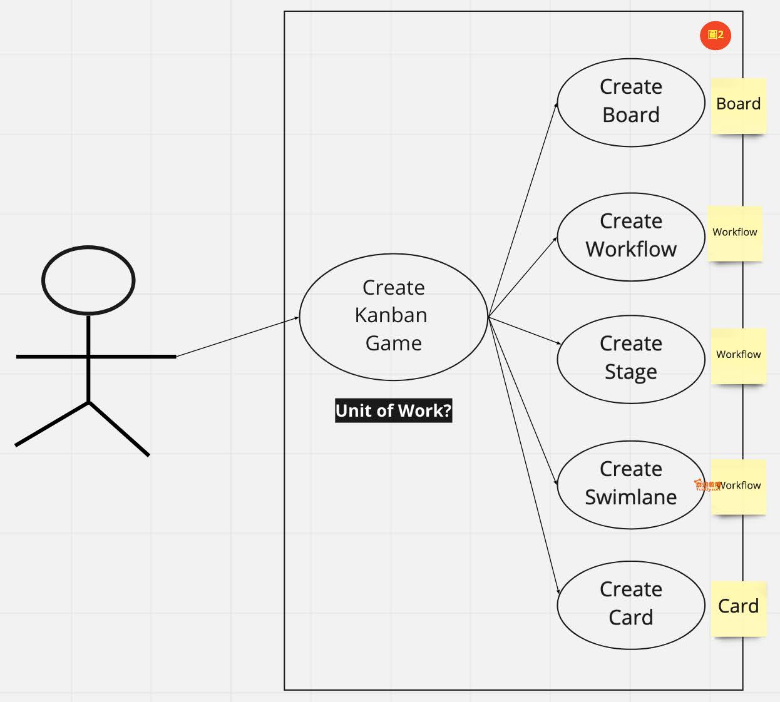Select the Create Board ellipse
[x=631, y=103]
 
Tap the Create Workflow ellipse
[x=631, y=237]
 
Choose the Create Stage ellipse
[x=631, y=359]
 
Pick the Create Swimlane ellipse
[x=631, y=485]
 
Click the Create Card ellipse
[x=631, y=604]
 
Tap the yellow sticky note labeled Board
[x=739, y=105]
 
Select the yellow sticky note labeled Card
[x=739, y=608]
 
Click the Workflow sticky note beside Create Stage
[x=739, y=355]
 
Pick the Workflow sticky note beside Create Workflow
[x=735, y=233]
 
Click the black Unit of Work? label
[x=393, y=411]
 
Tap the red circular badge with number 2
[x=715, y=35]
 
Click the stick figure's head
[x=88, y=280]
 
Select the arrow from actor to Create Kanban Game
[x=238, y=337]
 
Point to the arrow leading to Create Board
[x=523, y=210]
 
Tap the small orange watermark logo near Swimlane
[x=707, y=485]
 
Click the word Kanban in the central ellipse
[x=391, y=315]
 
